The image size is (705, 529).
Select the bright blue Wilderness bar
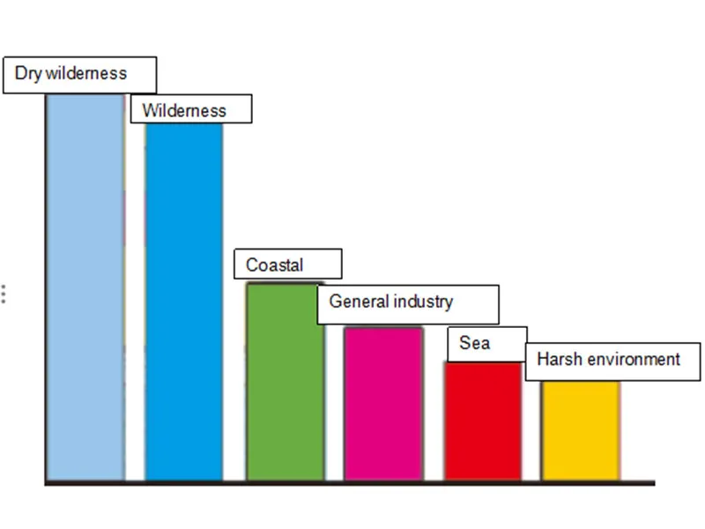[x=184, y=300]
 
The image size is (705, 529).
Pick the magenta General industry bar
[x=383, y=404]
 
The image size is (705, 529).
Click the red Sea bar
[x=483, y=421]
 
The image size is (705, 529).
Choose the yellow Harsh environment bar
[x=581, y=430]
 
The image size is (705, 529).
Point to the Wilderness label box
[x=191, y=109]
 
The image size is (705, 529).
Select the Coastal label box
[x=287, y=264]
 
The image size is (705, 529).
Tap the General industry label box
[x=408, y=303]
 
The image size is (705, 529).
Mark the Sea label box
[x=486, y=343]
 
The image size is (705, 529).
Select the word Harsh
[x=557, y=360]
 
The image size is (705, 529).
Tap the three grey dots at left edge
[x=4, y=294]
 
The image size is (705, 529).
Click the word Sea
[x=474, y=342]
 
